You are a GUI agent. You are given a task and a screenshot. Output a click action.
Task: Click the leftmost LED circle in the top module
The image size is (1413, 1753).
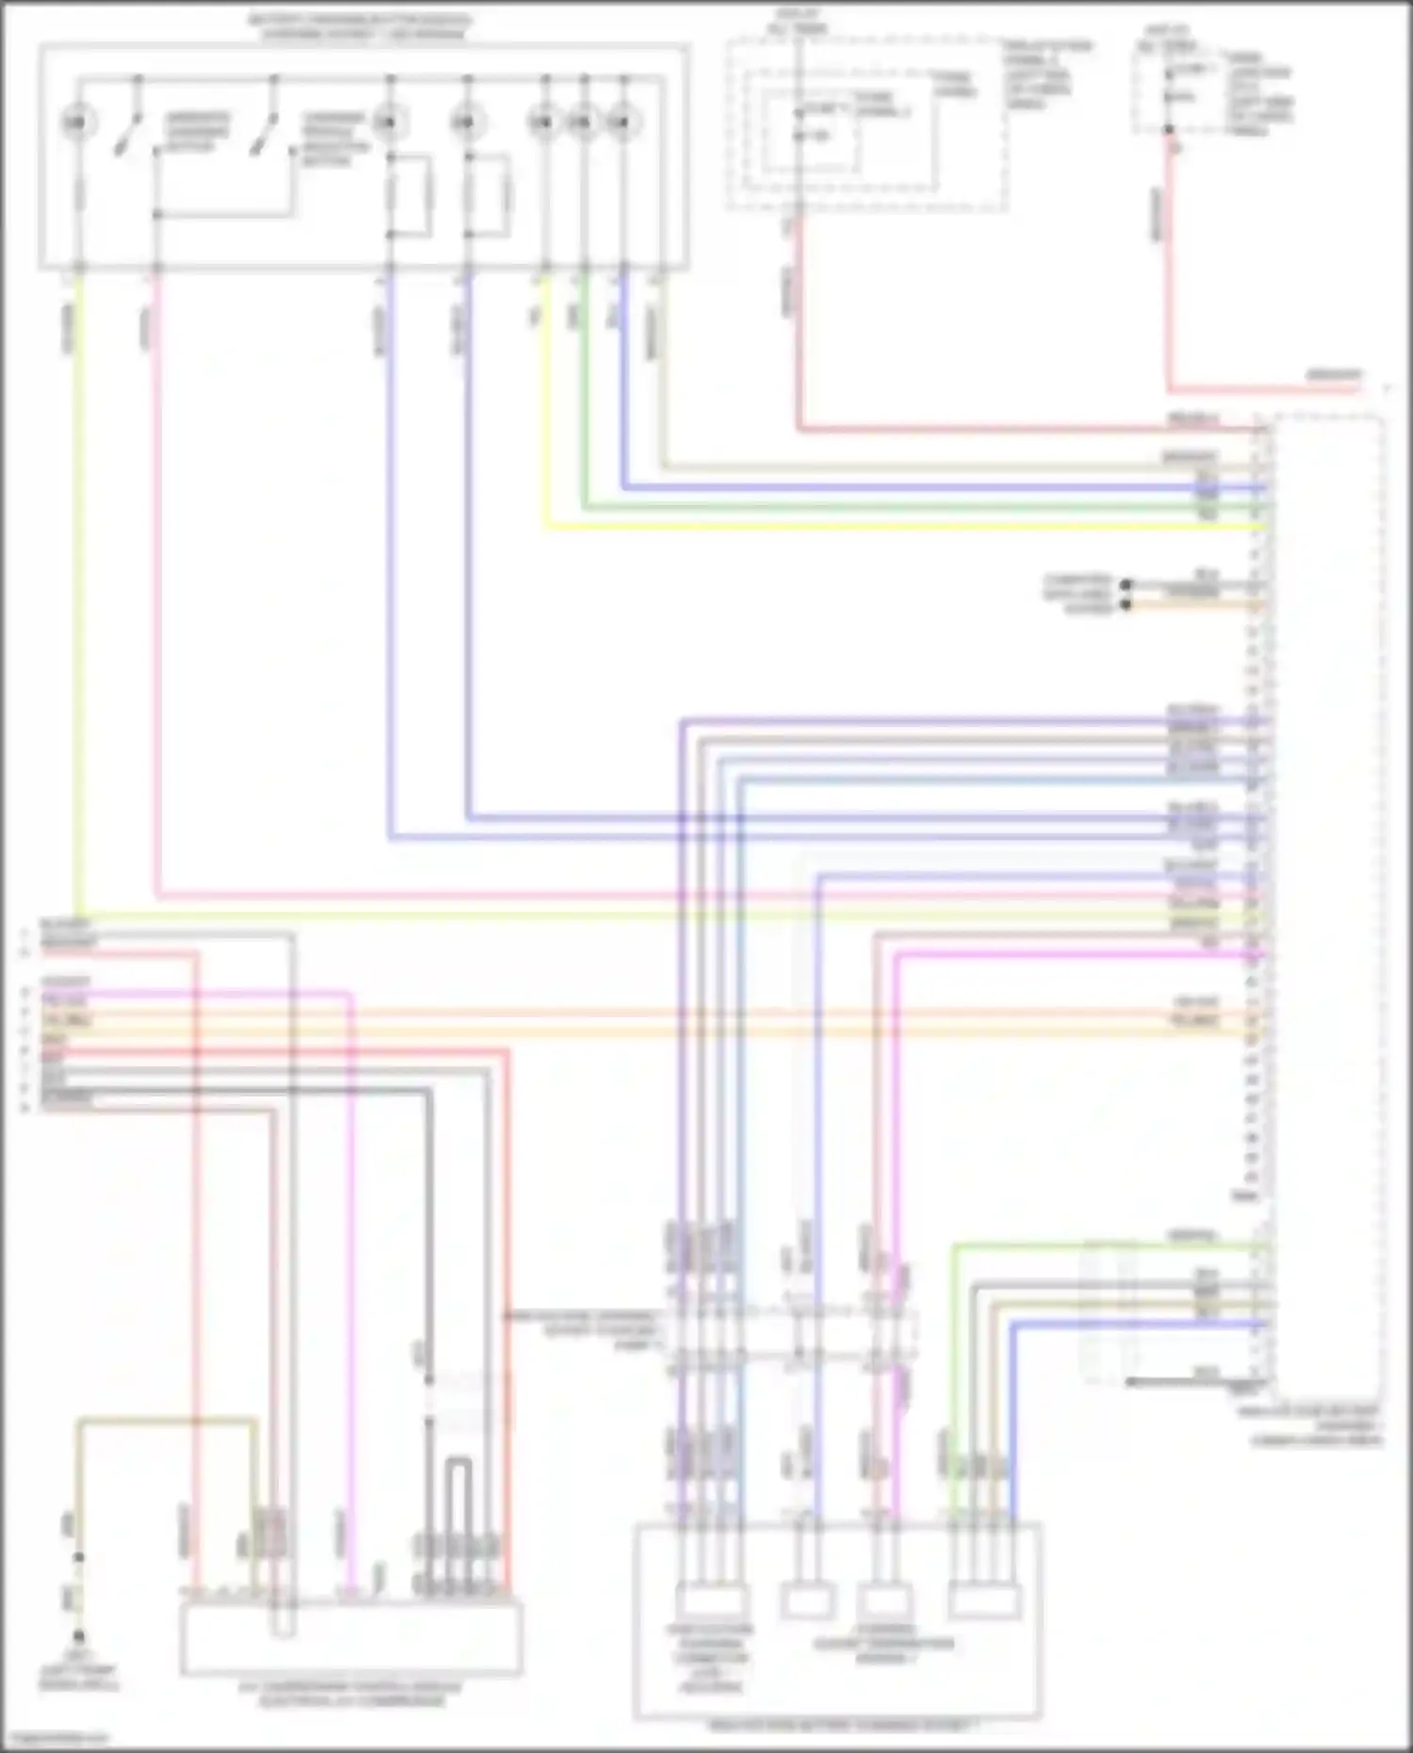[78, 122]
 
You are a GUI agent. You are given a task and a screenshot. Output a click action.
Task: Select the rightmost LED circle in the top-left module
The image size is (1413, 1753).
[622, 122]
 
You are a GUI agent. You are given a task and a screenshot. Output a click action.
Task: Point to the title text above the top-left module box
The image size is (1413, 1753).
[361, 27]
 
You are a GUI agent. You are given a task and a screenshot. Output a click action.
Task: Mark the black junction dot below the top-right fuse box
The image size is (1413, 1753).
[1169, 130]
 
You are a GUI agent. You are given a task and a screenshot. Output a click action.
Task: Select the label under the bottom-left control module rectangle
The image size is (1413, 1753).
[349, 1693]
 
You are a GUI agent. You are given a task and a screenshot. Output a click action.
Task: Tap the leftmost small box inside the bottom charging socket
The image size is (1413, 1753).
[711, 1601]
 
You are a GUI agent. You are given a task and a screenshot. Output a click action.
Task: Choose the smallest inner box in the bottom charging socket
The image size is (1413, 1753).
[807, 1601]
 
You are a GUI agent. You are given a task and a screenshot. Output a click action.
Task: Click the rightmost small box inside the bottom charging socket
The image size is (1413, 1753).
[984, 1601]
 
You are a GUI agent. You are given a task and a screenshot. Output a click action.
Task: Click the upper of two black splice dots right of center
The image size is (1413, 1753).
[1126, 585]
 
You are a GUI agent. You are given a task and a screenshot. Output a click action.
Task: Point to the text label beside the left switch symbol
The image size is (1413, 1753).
[197, 133]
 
